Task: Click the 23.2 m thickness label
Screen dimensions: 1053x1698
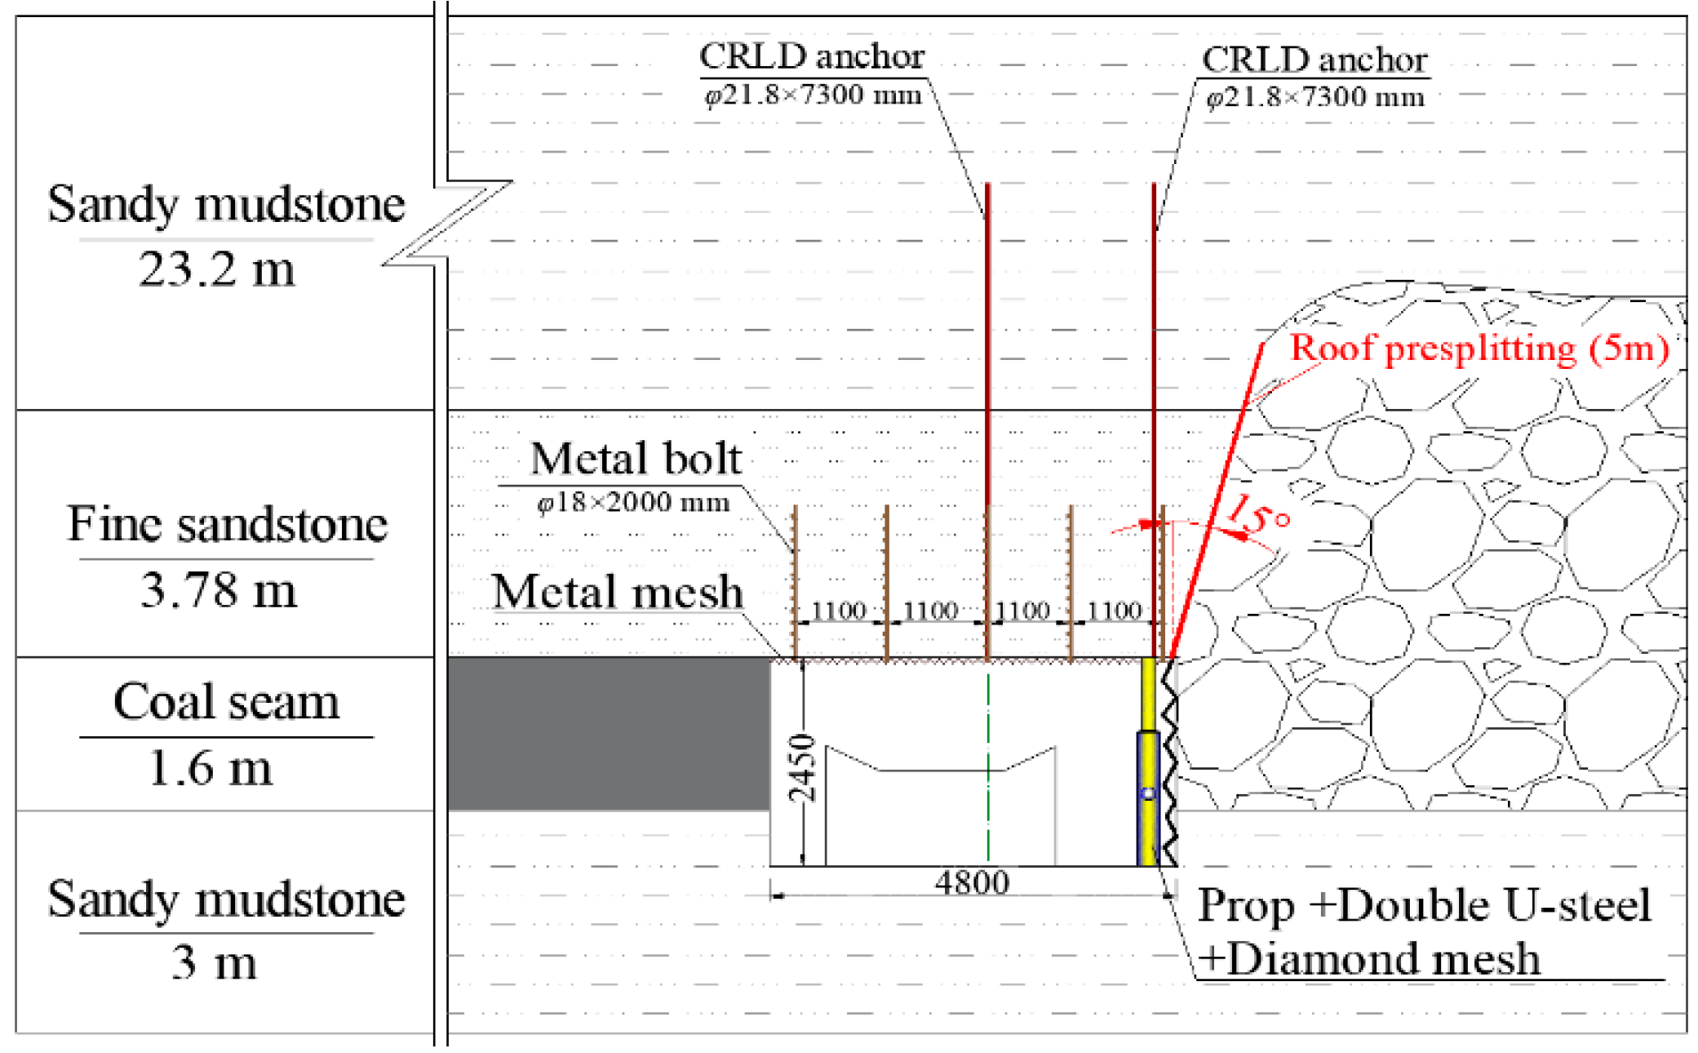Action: coord(216,269)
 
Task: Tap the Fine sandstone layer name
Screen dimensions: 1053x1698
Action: coord(227,524)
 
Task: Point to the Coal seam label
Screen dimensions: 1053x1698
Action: coord(226,702)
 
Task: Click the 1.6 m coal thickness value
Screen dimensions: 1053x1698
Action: coord(211,768)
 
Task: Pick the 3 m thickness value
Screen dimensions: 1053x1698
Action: coord(214,962)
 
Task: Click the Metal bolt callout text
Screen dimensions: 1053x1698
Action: coord(636,459)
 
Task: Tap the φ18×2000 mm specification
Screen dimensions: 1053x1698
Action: coord(633,502)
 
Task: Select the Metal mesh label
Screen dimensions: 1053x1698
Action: coord(618,592)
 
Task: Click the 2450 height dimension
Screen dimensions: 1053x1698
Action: coord(802,768)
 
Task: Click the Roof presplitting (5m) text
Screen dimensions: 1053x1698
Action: coord(1479,349)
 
